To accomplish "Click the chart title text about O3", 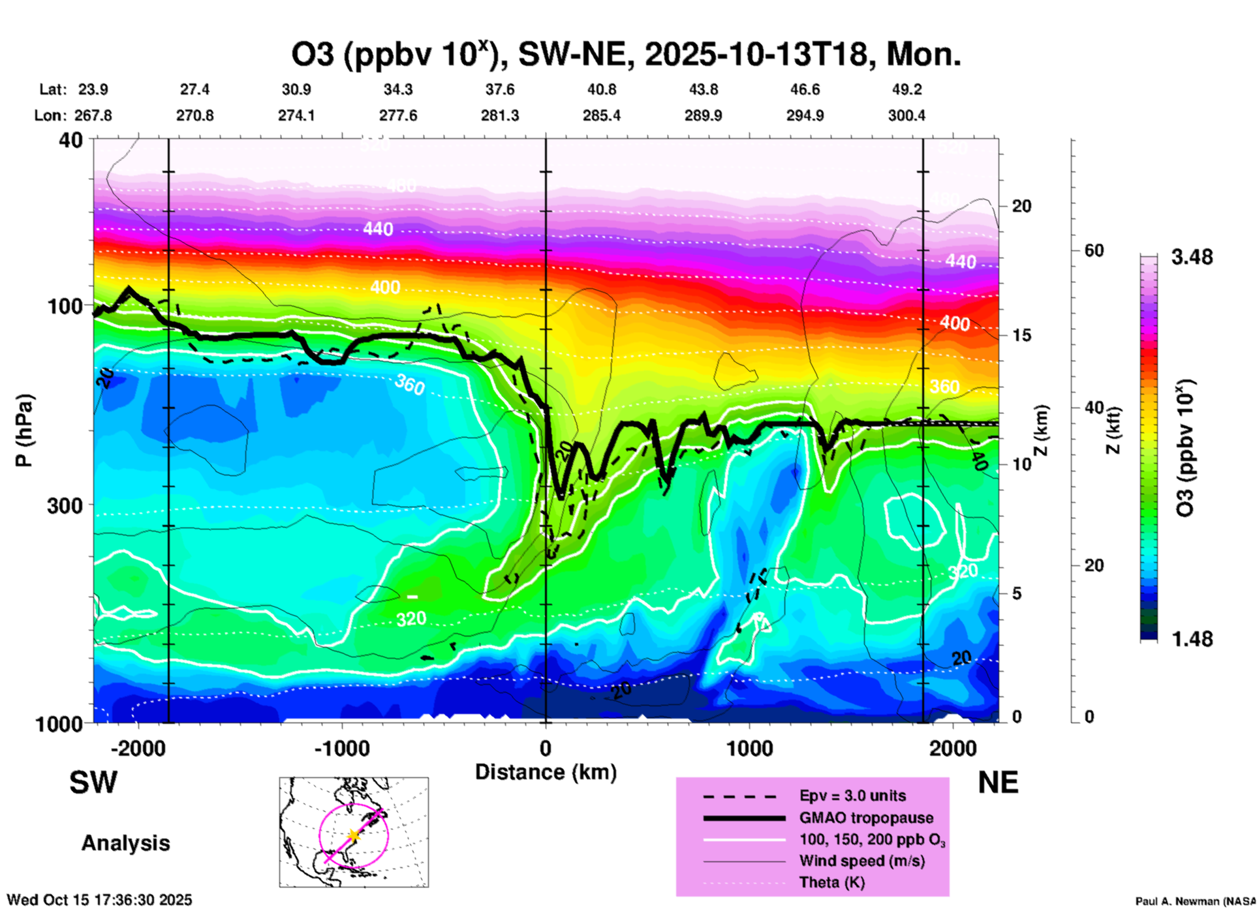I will [x=625, y=55].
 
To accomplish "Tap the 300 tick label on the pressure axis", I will [x=65, y=505].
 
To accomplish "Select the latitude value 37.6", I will [x=500, y=89].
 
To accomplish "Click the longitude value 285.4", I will [x=602, y=115].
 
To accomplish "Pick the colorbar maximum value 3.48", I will [x=1192, y=258].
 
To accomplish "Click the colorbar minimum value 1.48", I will [x=1192, y=639].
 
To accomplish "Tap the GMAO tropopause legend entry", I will [x=866, y=818].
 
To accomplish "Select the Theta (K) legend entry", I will [x=831, y=882].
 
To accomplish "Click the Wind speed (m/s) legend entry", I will [x=861, y=861].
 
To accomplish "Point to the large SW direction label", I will [x=93, y=782].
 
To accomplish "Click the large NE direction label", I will [x=998, y=782].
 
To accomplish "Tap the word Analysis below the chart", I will [x=125, y=843].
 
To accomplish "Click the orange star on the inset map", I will [x=353, y=835].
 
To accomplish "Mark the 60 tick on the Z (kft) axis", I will [x=1094, y=251].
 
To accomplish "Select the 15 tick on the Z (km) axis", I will [x=1021, y=335].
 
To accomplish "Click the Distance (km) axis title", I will [x=546, y=772].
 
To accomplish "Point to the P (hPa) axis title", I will [x=24, y=430].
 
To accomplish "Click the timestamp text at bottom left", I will [x=99, y=900].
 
